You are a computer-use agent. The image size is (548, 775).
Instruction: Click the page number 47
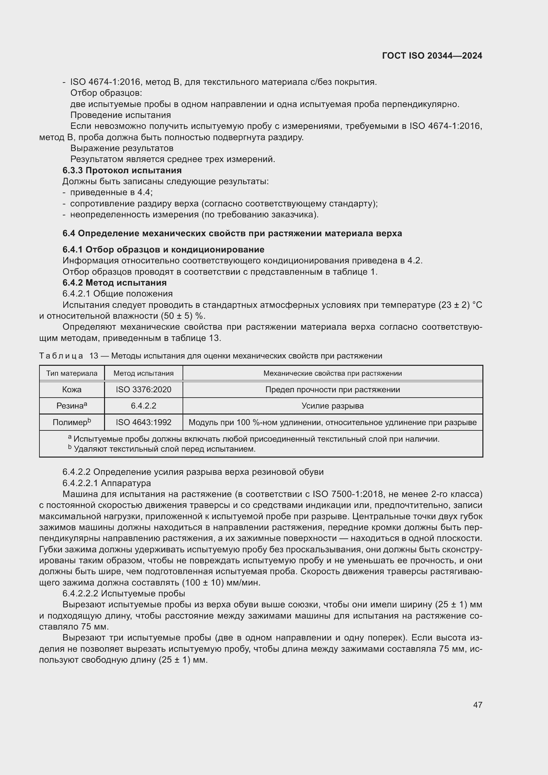coord(477,704)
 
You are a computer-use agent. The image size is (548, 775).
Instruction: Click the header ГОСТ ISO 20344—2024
coord(432,56)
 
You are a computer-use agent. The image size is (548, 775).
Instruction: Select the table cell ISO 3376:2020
coord(143,390)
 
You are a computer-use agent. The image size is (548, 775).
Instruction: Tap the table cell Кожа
coord(72,390)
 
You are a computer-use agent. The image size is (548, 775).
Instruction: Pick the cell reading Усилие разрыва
coord(332,406)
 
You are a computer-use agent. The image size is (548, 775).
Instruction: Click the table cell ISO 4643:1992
coord(143,422)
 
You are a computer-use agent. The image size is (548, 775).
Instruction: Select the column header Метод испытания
coord(143,373)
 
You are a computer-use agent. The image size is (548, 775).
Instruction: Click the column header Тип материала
coord(72,373)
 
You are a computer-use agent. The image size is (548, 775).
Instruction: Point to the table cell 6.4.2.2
coord(143,406)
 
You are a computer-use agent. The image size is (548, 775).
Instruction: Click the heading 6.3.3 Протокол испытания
coord(122,170)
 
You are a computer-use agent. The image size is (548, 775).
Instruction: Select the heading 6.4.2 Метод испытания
coord(114,283)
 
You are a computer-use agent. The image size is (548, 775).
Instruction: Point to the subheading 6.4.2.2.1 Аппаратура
coord(107,483)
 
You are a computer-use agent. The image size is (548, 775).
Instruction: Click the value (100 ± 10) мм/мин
coord(221,582)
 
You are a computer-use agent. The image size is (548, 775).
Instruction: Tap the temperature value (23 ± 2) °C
coord(460,305)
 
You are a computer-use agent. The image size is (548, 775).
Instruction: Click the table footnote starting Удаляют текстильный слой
coord(164,449)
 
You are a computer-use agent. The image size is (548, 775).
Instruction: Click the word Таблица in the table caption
coord(61,356)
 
